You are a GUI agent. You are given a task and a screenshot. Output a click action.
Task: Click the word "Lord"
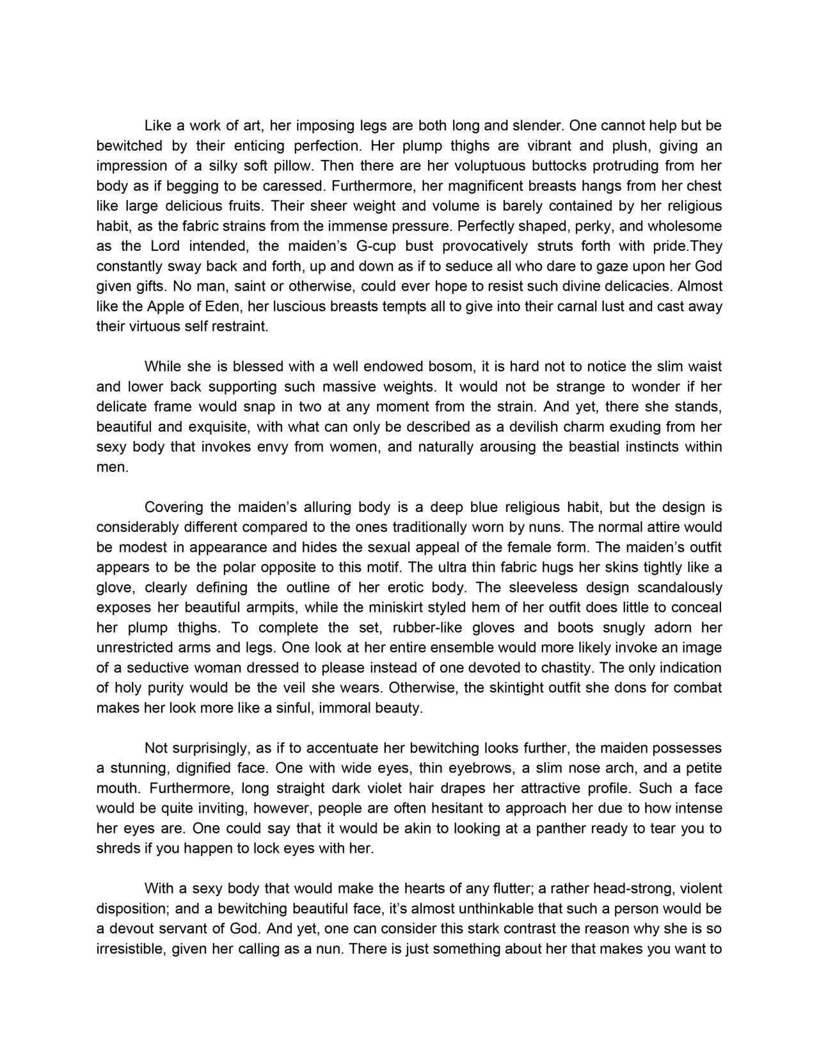click(166, 246)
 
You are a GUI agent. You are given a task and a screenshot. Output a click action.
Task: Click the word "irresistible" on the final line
click(131, 949)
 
